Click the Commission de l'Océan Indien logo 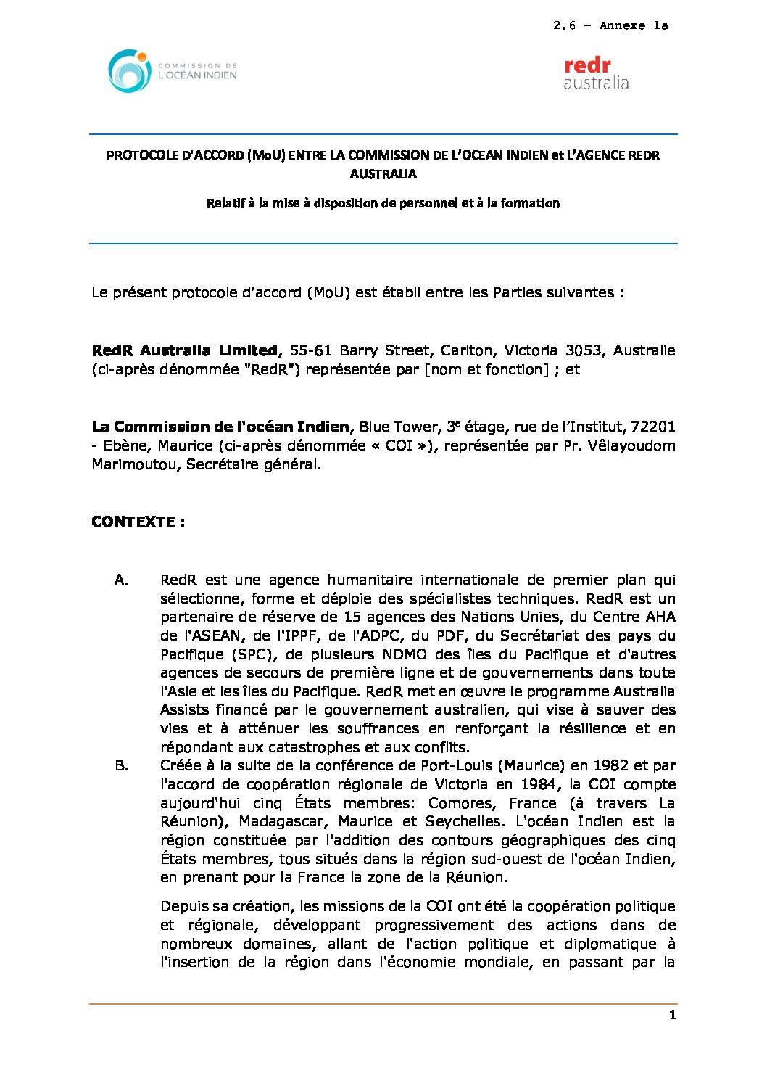pos(173,71)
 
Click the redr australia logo pos(596,73)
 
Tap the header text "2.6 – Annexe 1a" pos(610,26)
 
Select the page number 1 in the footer pos(672,1015)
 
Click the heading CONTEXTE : pos(138,522)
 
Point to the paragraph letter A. pos(121,580)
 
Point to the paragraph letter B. pos(121,765)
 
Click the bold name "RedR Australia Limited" pos(185,350)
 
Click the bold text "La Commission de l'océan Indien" pos(220,427)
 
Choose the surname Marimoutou pos(135,464)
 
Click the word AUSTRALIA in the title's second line pos(383,174)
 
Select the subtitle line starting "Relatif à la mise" pos(383,204)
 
